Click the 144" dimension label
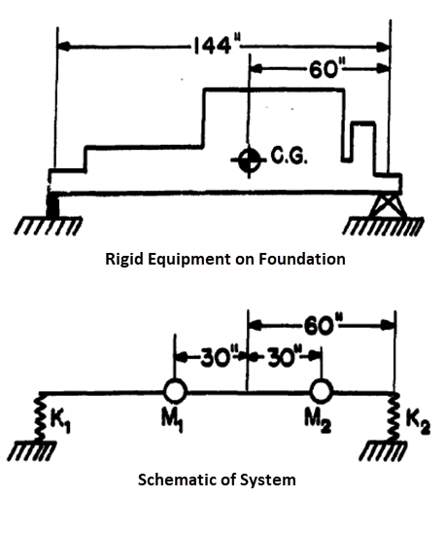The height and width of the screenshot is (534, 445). pyautogui.click(x=216, y=45)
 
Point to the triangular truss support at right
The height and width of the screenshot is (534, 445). pyautogui.click(x=387, y=205)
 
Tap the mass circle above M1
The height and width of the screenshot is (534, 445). pyautogui.click(x=175, y=391)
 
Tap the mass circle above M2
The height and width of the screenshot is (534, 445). pyautogui.click(x=321, y=391)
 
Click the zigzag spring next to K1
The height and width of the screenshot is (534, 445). pyautogui.click(x=40, y=419)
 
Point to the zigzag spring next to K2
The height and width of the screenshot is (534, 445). pyautogui.click(x=394, y=419)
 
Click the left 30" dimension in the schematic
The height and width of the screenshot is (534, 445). pyautogui.click(x=211, y=353)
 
